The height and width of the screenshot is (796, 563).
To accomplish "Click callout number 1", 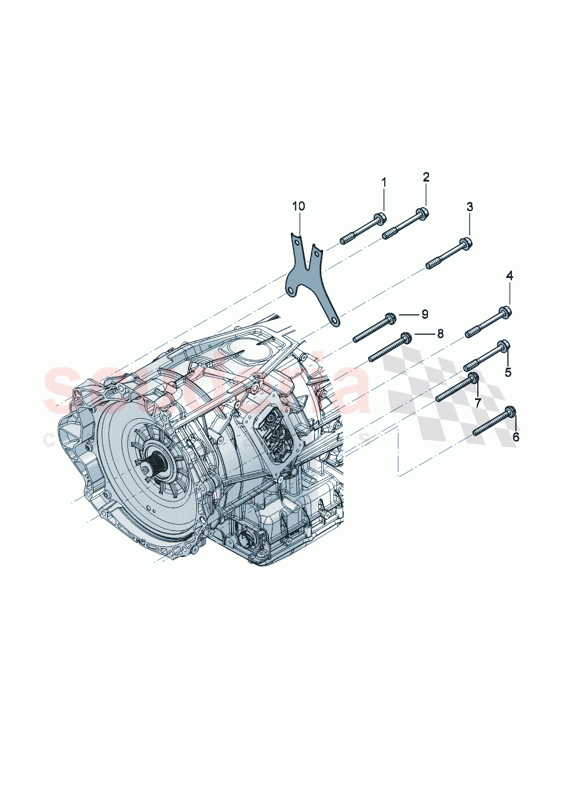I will (384, 183).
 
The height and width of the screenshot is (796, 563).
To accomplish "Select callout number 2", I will (426, 176).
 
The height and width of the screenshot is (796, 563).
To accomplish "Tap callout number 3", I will (469, 207).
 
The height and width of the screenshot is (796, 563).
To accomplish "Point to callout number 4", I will (509, 276).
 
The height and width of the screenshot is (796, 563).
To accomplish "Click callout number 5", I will (508, 372).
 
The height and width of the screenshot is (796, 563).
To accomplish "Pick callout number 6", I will (515, 437).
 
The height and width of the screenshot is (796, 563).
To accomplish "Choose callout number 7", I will (477, 402).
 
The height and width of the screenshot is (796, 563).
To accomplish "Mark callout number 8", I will (440, 334).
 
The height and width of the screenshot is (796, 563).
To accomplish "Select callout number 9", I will (424, 314).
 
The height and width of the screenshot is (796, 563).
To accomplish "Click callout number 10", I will (299, 205).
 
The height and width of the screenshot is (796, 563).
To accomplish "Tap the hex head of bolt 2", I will (423, 213).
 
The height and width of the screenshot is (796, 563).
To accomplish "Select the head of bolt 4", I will (506, 311).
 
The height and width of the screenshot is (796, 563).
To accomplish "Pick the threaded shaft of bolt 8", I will (383, 351).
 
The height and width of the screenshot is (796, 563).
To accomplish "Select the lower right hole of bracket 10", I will (337, 322).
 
